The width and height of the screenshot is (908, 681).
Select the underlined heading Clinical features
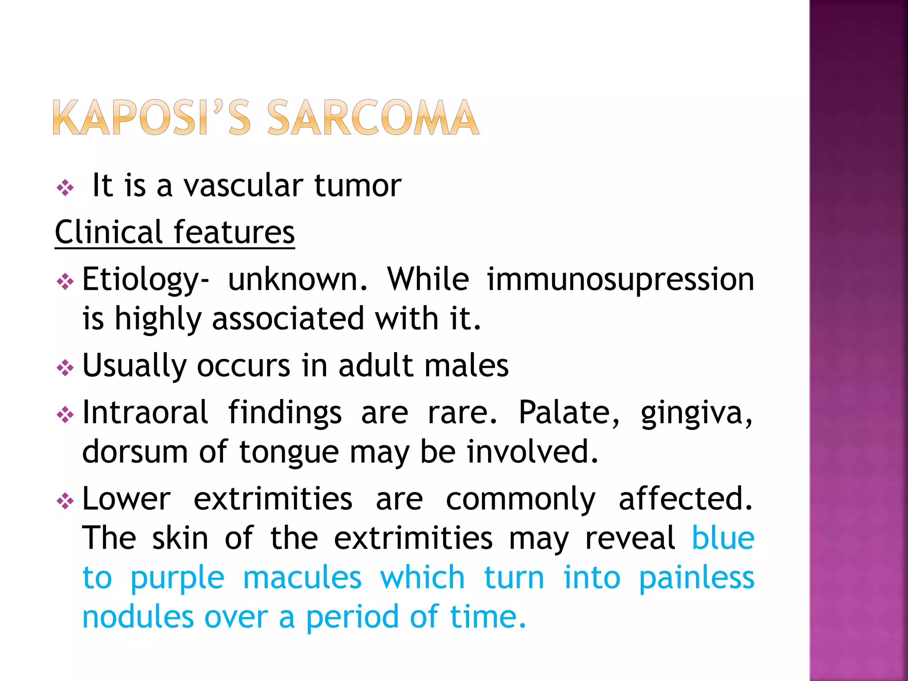pos(175,232)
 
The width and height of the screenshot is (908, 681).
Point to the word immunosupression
pos(620,280)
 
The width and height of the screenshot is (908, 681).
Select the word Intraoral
pos(145,412)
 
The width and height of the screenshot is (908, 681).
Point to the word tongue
pos(290,453)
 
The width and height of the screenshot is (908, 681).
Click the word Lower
pos(126,499)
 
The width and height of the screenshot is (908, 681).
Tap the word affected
pos(685,499)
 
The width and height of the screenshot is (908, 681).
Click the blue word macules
pos(302,578)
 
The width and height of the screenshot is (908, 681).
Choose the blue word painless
pos(697,578)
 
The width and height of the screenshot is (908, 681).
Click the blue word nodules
pos(138,617)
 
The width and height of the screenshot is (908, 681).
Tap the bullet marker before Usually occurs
pos(65,368)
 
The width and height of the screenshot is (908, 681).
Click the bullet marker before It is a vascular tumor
pos(65,188)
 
